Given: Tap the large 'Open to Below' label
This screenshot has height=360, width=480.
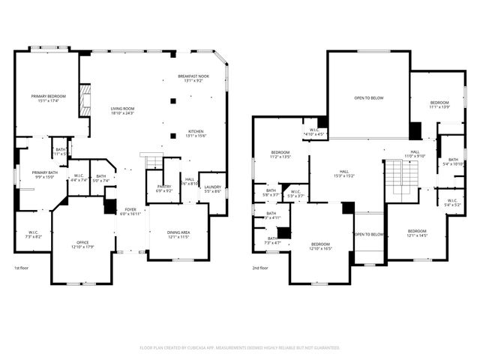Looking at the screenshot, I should [x=369, y=97].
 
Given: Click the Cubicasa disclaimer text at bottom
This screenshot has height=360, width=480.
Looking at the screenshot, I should [x=240, y=348].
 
